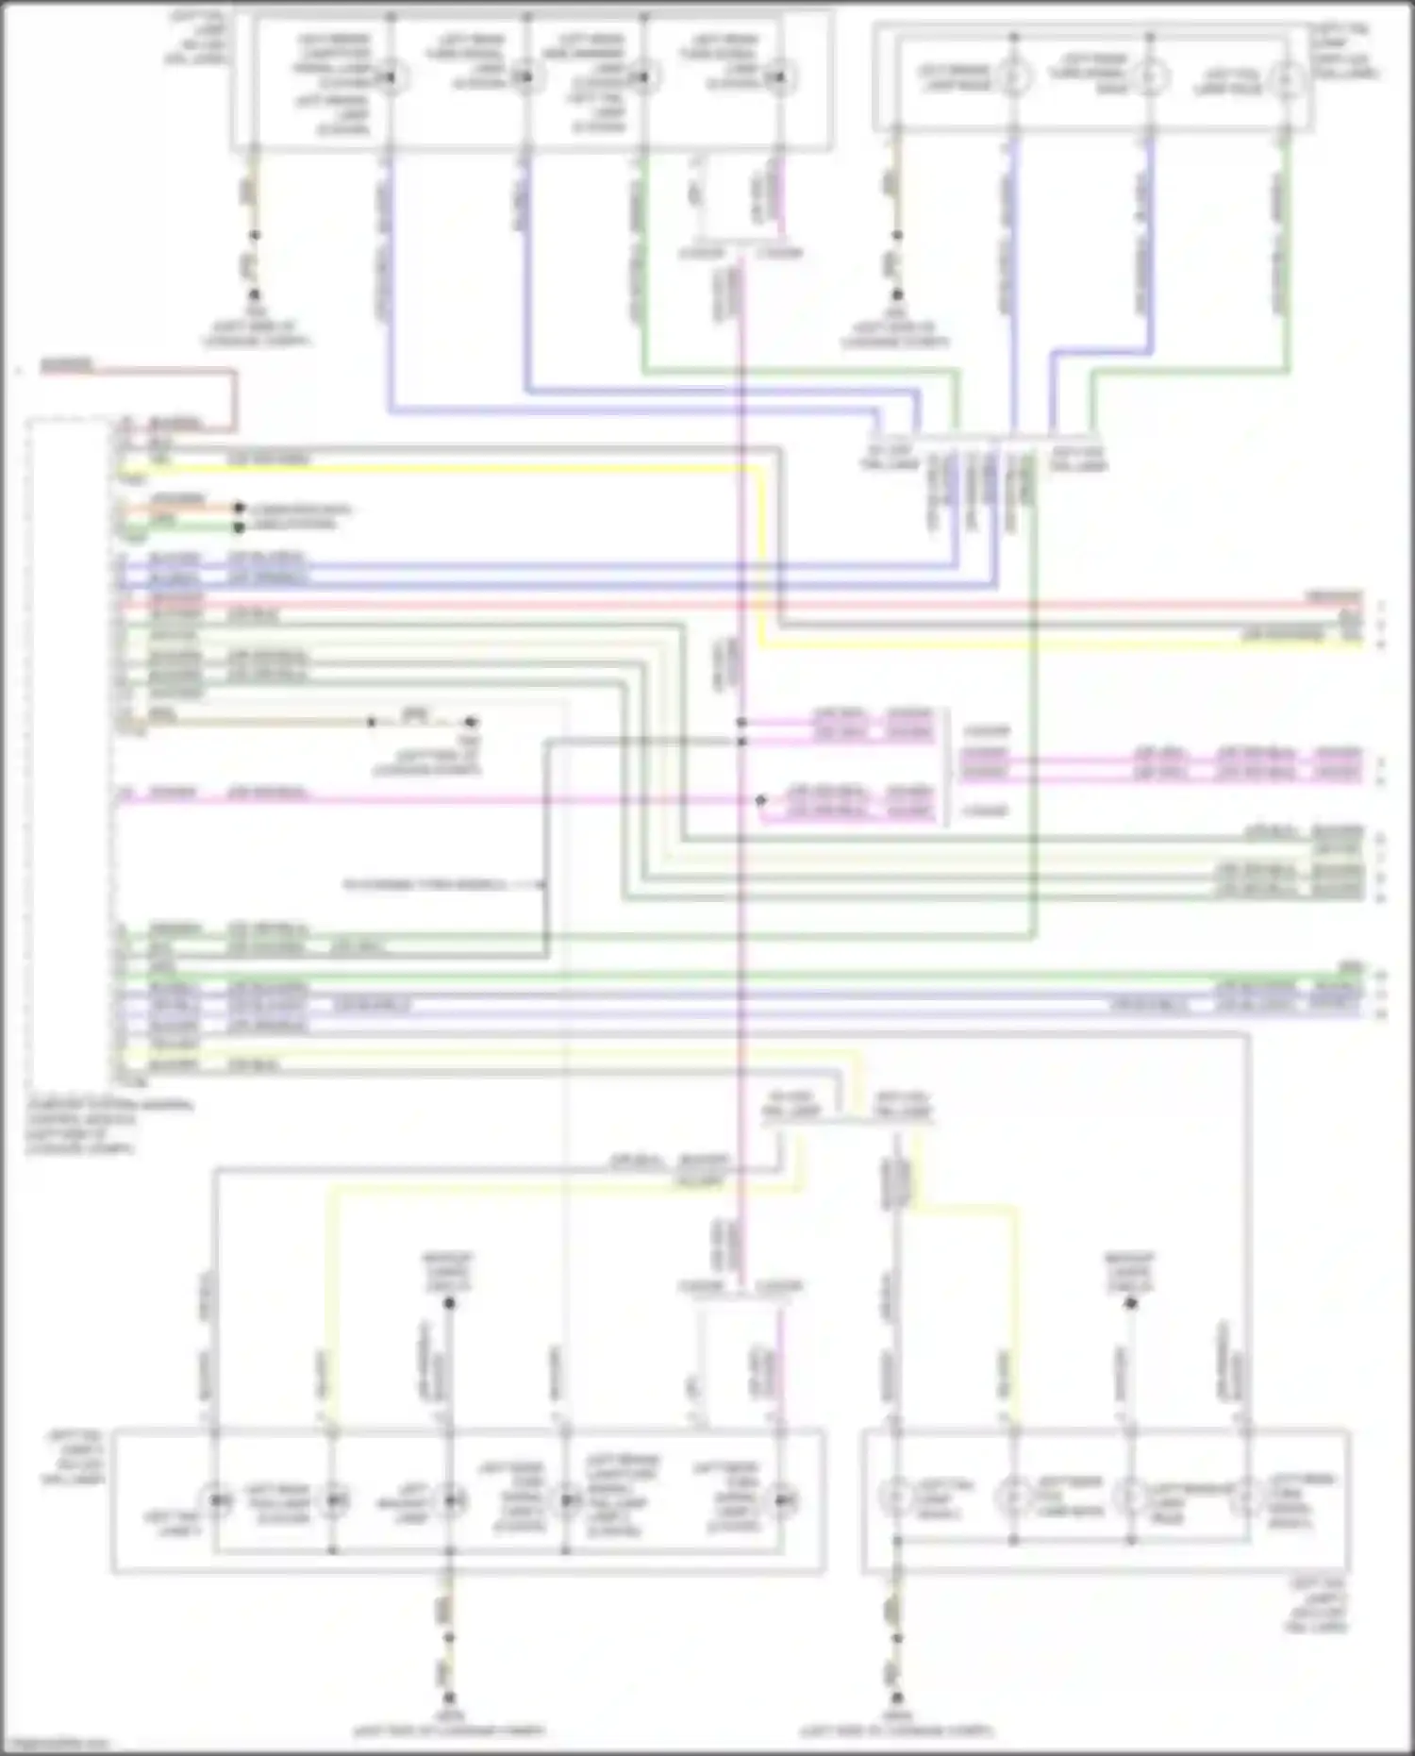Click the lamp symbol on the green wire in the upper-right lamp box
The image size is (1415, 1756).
click(x=1285, y=78)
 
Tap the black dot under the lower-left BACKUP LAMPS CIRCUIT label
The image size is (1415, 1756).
click(x=450, y=1303)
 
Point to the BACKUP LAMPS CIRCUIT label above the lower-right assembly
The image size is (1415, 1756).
click(x=1130, y=1272)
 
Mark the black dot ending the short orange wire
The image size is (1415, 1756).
click(x=240, y=508)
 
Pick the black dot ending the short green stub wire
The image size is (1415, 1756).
click(x=240, y=527)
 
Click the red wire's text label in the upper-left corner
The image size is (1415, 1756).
click(x=66, y=364)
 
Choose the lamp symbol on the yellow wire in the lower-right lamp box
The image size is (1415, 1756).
click(x=1014, y=1497)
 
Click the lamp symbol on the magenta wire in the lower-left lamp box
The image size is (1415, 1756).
click(x=782, y=1499)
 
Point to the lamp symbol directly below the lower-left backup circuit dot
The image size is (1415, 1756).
click(x=450, y=1499)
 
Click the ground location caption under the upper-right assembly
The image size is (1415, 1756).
click(x=895, y=334)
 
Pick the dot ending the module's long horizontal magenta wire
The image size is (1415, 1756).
click(x=760, y=800)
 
